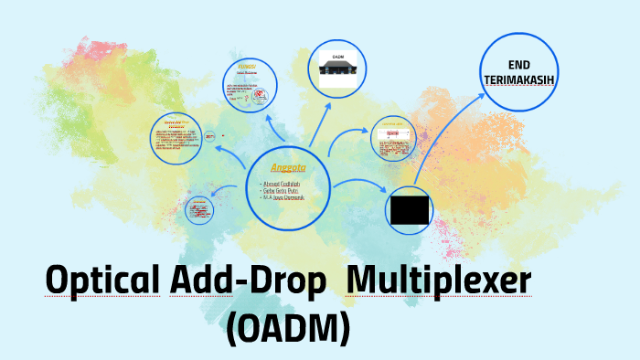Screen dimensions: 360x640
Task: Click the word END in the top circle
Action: coord(518,66)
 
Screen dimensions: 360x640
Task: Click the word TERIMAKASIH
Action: coord(518,80)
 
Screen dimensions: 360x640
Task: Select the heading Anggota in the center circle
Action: coord(287,168)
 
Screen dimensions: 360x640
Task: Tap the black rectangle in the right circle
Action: coord(410,210)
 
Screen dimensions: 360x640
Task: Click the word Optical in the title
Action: coord(102,281)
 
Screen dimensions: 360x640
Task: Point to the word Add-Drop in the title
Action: coord(248,281)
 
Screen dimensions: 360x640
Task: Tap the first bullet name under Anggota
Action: coord(284,185)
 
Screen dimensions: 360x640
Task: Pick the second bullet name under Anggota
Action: coord(283,192)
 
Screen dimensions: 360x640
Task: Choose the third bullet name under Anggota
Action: coord(286,199)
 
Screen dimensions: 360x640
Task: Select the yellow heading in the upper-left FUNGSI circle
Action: coord(246,68)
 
